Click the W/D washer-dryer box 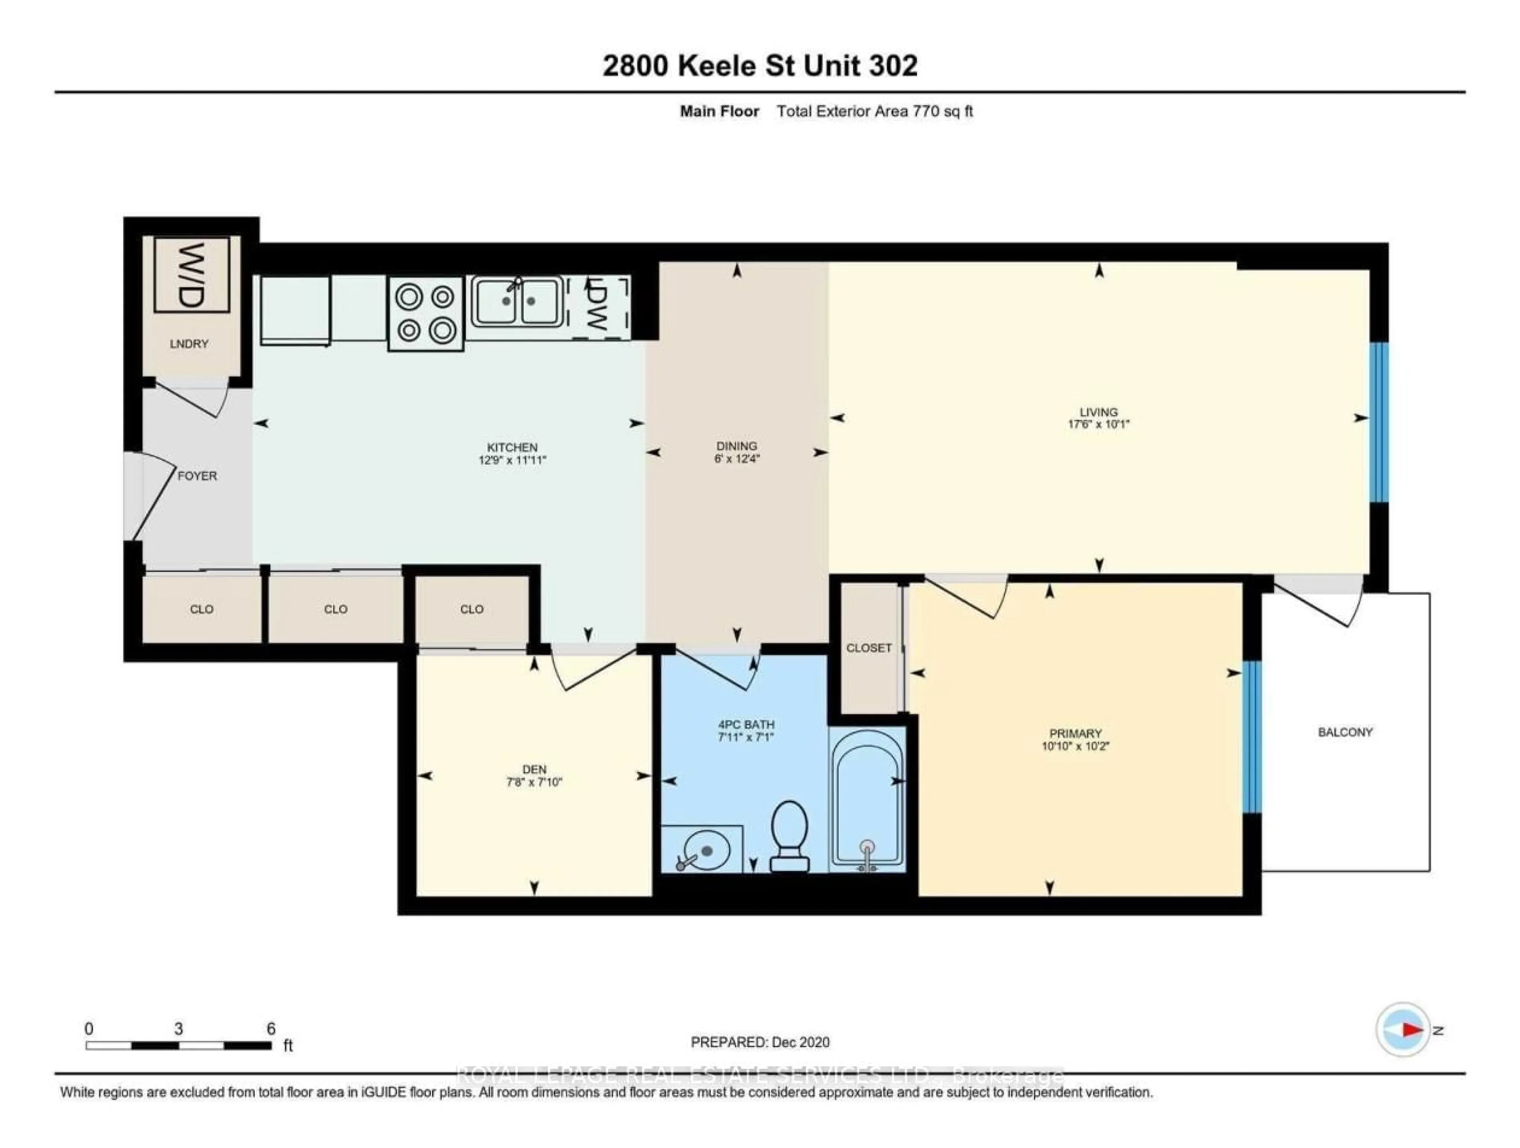(191, 275)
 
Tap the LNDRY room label (189, 343)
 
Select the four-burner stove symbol (426, 313)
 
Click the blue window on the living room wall (1378, 422)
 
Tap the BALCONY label (1345, 732)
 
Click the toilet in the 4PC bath (789, 836)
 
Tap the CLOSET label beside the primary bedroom (868, 648)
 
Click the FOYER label (197, 475)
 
